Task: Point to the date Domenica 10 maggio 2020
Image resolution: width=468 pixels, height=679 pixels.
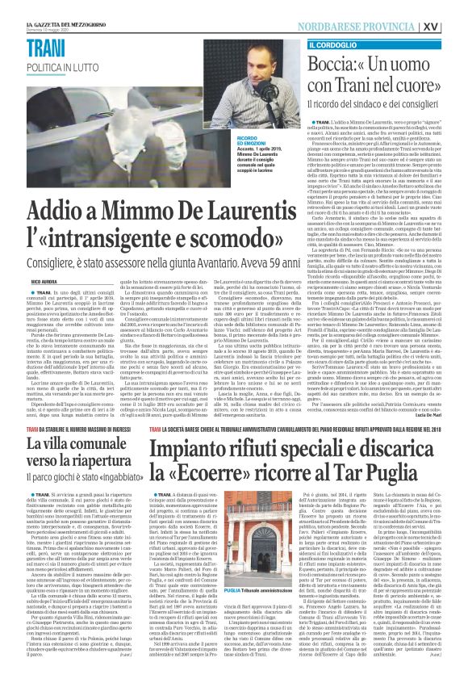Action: pos(49,12)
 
